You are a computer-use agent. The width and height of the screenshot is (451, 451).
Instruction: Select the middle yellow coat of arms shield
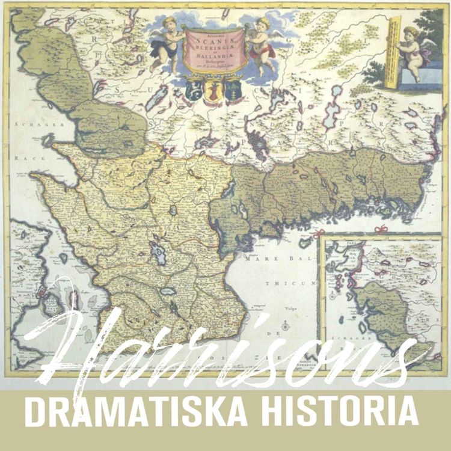coord(214,91)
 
